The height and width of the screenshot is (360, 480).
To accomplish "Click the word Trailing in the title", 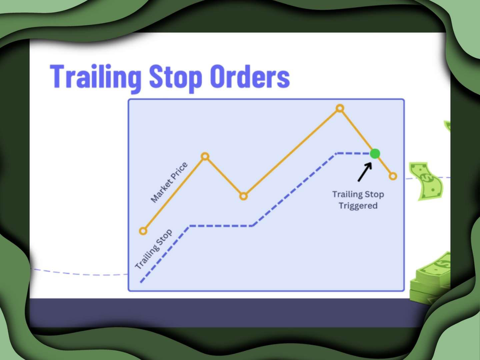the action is (x=96, y=78).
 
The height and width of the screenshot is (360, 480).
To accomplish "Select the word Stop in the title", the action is (x=175, y=78).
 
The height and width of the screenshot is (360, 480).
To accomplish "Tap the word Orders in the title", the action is (x=250, y=76).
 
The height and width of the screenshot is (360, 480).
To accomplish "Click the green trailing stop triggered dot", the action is (x=375, y=154).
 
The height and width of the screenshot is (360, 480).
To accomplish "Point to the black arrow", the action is (x=365, y=172).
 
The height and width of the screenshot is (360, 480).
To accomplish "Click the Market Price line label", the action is (x=169, y=182).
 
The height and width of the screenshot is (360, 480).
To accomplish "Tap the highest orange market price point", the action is (x=340, y=108).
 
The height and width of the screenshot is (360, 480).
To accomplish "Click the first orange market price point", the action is (x=143, y=231).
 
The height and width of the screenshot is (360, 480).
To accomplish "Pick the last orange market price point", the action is (x=393, y=176).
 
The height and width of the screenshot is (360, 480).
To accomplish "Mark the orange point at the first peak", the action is (x=205, y=157).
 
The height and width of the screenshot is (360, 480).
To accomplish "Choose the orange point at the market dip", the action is (x=243, y=196).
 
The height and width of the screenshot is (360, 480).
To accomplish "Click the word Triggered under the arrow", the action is (x=358, y=206).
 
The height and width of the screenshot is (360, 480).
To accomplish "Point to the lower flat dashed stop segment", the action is (x=221, y=226).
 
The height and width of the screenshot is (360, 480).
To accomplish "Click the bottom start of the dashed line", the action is (x=141, y=282).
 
